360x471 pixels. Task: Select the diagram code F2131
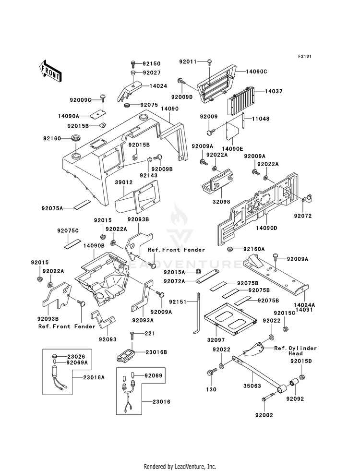point(304,56)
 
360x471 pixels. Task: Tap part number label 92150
point(152,64)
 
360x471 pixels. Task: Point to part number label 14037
point(274,91)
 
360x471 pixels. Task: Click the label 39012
point(124,182)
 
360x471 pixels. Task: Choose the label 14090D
point(266,228)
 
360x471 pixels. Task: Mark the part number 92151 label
point(178,302)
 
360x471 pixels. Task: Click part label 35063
point(252,386)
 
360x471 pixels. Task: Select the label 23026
point(76,357)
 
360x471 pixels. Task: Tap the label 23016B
point(156,352)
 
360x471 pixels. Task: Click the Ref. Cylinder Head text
point(296,351)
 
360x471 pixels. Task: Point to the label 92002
point(264,415)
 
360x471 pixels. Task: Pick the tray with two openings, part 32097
point(230,319)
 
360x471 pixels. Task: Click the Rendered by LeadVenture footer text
point(180,467)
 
